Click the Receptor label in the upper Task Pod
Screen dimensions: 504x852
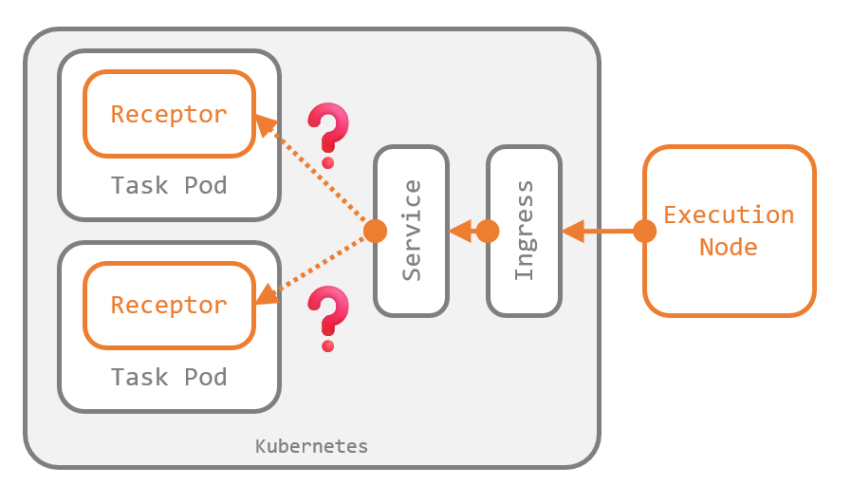(169, 114)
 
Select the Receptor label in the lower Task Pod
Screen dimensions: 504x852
(169, 305)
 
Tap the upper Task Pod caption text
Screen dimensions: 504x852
(169, 185)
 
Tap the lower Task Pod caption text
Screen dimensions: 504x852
(169, 377)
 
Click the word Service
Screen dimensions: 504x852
(412, 231)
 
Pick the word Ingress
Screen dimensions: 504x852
(524, 231)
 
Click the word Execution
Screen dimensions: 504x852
(729, 215)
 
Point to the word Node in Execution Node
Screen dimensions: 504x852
(729, 247)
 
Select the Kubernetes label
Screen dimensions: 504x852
(311, 445)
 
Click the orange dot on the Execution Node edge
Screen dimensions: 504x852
(645, 231)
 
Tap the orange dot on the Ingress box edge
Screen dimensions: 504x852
(488, 231)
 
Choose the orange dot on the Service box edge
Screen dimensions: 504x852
(376, 231)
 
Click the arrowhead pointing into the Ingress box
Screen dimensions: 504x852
(573, 231)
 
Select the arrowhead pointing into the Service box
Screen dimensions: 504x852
(460, 231)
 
